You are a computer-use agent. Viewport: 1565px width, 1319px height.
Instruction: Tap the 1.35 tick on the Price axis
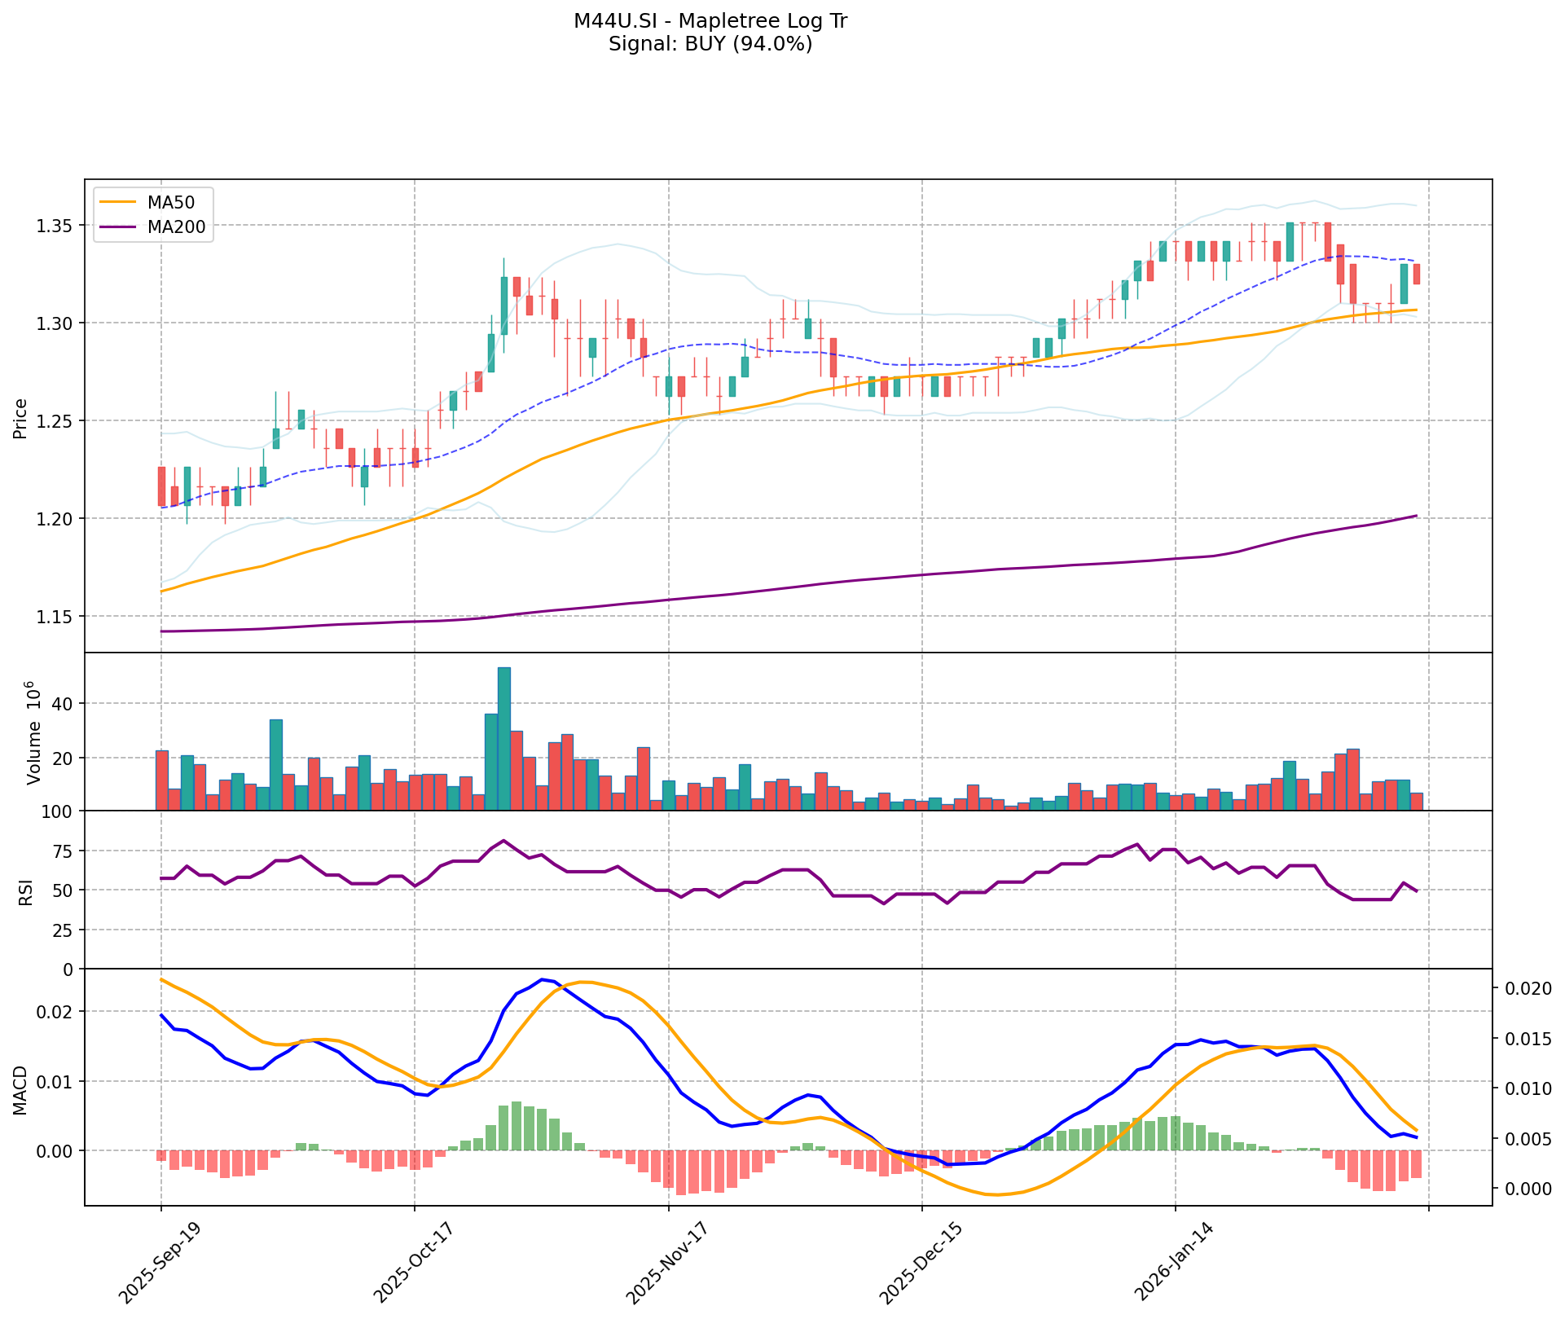tap(56, 226)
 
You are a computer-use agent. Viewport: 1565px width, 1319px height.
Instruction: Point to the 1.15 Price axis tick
tap(56, 617)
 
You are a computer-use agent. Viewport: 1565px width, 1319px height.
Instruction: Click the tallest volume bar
tap(504, 738)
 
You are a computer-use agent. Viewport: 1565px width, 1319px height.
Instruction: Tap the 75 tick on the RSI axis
tap(62, 851)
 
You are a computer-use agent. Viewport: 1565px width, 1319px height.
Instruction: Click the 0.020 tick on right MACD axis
tap(1528, 989)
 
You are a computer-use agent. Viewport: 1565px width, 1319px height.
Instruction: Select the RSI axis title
tap(26, 891)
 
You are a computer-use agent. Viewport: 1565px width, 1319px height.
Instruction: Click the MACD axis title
tap(20, 1090)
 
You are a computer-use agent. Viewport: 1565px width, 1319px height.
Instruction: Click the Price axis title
tap(20, 419)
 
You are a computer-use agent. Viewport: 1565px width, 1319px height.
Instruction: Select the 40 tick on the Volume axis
tap(64, 704)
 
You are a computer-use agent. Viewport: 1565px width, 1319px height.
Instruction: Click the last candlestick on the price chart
tap(1417, 274)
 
